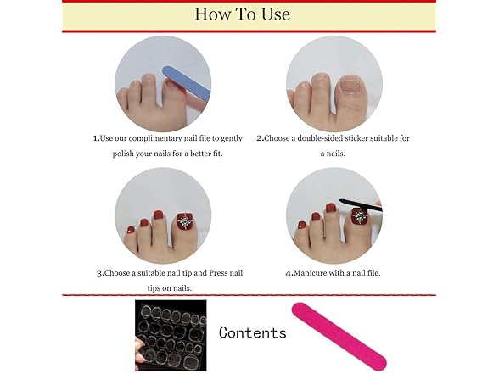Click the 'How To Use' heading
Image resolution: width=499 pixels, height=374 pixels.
click(242, 14)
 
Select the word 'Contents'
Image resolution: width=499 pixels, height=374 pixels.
click(252, 332)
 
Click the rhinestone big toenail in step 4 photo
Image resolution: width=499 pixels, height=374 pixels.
click(360, 216)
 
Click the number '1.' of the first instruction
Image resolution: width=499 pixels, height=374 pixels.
click(96, 137)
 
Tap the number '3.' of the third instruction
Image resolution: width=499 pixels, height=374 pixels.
click(100, 273)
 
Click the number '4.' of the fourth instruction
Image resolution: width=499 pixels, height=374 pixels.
click(289, 273)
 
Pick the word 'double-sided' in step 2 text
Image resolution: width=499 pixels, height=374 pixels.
click(318, 137)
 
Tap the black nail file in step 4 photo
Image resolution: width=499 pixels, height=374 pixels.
click(361, 204)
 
